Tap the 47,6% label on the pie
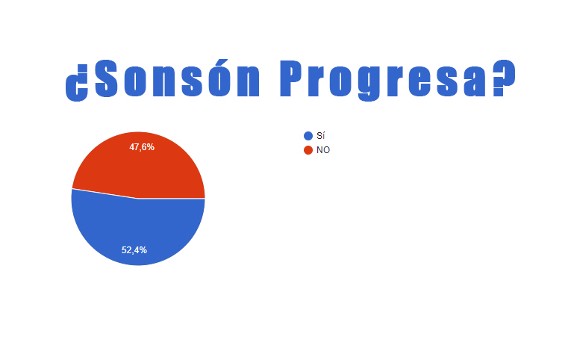pyautogui.click(x=142, y=147)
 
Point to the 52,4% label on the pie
pyautogui.click(x=134, y=250)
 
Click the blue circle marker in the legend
pyautogui.click(x=308, y=136)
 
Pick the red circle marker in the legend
pyautogui.click(x=308, y=150)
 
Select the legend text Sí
pyautogui.click(x=321, y=136)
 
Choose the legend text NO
pyautogui.click(x=323, y=150)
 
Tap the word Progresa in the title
pyautogui.click(x=384, y=80)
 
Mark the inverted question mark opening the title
pyautogui.click(x=77, y=83)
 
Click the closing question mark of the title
pyautogui.click(x=504, y=78)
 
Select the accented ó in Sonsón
pyautogui.click(x=219, y=78)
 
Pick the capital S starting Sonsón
pyautogui.click(x=106, y=78)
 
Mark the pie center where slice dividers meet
pyautogui.click(x=138, y=199)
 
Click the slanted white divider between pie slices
pyautogui.click(x=105, y=193)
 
